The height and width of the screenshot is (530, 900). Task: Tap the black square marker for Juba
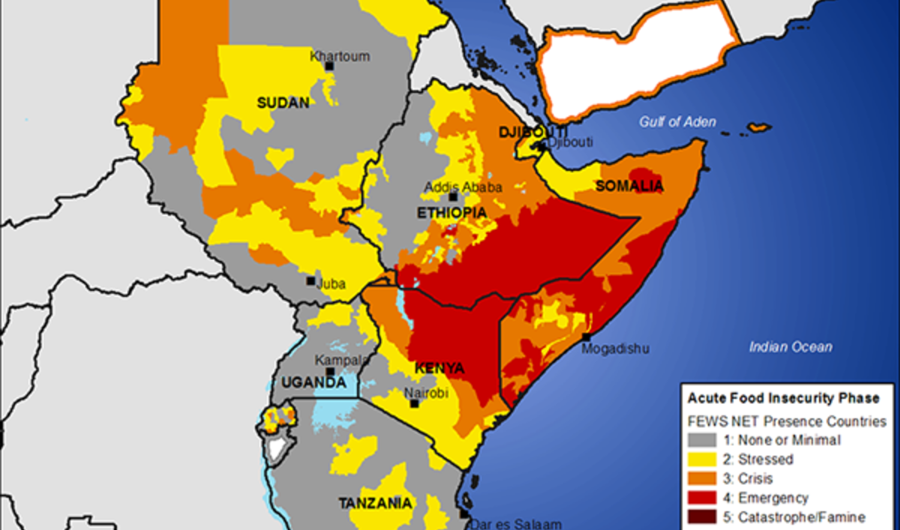point(310,281)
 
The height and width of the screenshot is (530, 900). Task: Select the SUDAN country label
point(283,103)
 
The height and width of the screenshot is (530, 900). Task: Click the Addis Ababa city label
point(463,187)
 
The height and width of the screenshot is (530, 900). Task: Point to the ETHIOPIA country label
point(451,213)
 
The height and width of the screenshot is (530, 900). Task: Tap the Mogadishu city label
point(616,349)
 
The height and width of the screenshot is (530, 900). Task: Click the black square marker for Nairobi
point(414,404)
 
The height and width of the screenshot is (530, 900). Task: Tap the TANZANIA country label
point(374,503)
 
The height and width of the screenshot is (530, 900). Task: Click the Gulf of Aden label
point(678,122)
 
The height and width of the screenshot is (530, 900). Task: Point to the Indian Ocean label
point(790,346)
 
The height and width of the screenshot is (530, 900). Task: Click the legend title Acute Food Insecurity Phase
point(784,399)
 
